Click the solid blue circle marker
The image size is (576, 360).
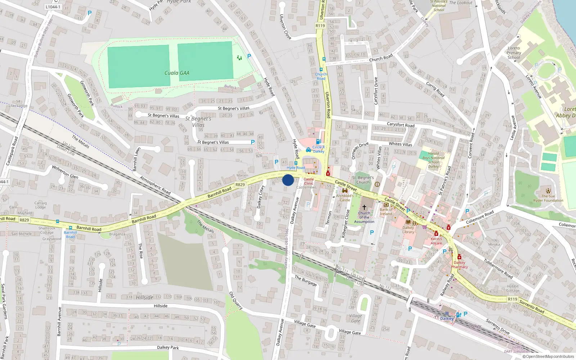pyautogui.click(x=288, y=180)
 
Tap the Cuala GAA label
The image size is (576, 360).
pyautogui.click(x=177, y=73)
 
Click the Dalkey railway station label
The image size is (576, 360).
pyautogui.click(x=446, y=319)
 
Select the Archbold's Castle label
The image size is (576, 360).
pyautogui.click(x=345, y=198)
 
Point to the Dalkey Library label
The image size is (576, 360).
pyautogui.click(x=408, y=230)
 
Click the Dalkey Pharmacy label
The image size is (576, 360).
pyautogui.click(x=459, y=265)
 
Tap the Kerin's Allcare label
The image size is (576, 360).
pyautogui.click(x=436, y=241)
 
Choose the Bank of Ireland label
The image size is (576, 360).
pyautogui.click(x=386, y=212)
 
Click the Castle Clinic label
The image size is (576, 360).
pyautogui.click(x=309, y=181)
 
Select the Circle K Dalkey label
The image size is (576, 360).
pyautogui.click(x=318, y=149)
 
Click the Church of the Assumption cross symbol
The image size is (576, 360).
pyautogui.click(x=364, y=207)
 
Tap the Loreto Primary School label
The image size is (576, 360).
pyautogui.click(x=514, y=53)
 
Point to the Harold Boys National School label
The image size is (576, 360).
pyautogui.click(x=433, y=160)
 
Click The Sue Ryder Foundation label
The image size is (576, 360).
pyautogui.click(x=548, y=198)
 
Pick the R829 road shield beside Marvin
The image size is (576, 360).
pyautogui.click(x=240, y=185)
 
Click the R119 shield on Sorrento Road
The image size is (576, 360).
pyautogui.click(x=512, y=299)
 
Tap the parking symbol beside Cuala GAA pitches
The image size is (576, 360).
pyautogui.click(x=249, y=56)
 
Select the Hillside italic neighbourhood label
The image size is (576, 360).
pyautogui.click(x=145, y=297)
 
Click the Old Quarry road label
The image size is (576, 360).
pyautogui.click(x=236, y=301)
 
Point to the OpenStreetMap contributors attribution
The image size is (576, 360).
pyautogui.click(x=548, y=357)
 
